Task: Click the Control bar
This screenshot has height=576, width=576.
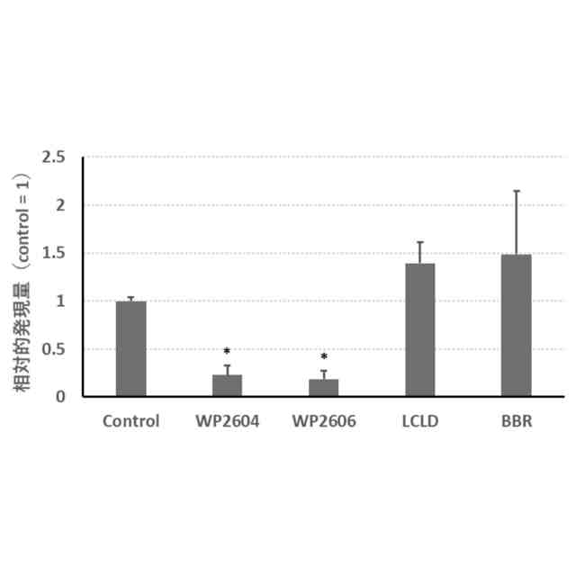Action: [130, 348]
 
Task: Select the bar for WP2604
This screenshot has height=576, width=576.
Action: [227, 385]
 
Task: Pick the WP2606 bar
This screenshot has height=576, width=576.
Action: [323, 387]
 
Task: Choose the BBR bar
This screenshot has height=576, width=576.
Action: [516, 325]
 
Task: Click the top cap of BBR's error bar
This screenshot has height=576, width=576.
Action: [516, 191]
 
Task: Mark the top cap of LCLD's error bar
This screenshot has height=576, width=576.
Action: [419, 242]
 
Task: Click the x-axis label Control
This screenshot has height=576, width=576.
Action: [130, 420]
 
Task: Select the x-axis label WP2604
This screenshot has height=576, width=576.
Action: [227, 420]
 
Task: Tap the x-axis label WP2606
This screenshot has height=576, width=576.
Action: [323, 420]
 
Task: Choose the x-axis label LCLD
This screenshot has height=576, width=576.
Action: [419, 420]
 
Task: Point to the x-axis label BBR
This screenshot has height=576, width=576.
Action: [516, 420]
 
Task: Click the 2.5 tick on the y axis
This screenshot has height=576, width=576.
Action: [55, 157]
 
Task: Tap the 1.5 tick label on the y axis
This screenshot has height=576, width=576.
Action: [55, 253]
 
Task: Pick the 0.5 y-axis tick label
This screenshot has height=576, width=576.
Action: [55, 348]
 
